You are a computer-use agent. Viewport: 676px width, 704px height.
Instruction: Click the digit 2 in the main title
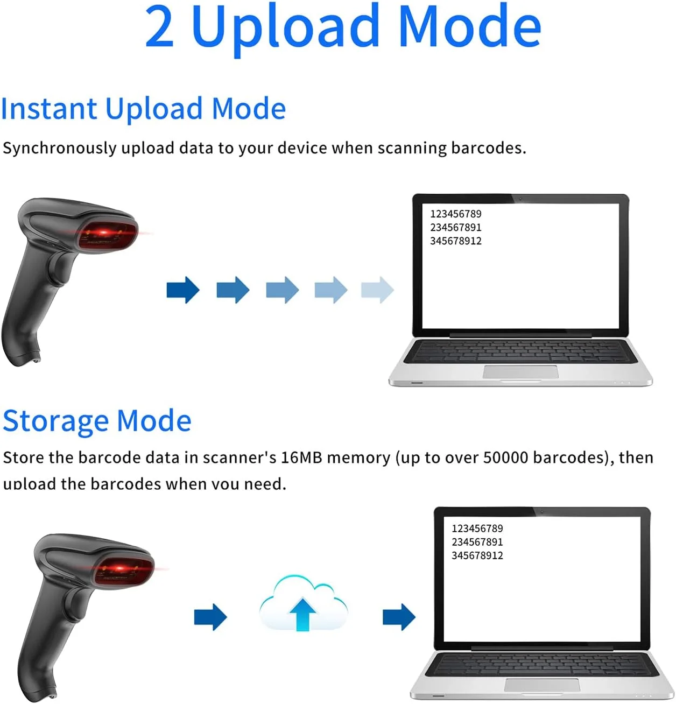click(159, 26)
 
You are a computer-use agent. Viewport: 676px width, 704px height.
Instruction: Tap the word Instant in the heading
click(49, 109)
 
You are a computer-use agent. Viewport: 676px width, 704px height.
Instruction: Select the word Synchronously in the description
click(59, 149)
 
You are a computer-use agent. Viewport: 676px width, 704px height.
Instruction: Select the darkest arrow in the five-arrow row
click(183, 290)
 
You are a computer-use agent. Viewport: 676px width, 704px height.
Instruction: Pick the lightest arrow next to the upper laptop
click(378, 290)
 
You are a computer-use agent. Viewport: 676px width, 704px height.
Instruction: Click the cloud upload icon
click(304, 603)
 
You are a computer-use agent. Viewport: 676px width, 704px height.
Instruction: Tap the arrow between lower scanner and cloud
click(210, 617)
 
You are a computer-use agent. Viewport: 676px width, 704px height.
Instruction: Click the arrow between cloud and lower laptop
click(399, 617)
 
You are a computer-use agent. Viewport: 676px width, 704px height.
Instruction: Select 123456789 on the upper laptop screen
click(456, 214)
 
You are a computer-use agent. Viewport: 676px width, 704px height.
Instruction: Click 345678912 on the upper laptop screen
click(456, 241)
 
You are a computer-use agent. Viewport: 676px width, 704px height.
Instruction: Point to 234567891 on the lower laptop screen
click(477, 542)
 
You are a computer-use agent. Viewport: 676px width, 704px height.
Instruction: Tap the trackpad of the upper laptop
click(520, 372)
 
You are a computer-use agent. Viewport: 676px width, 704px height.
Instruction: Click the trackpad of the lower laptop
click(542, 685)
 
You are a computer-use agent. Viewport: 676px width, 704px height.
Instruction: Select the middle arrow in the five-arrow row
click(283, 290)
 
